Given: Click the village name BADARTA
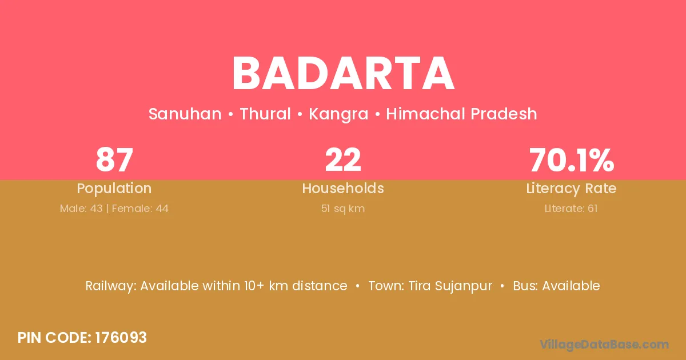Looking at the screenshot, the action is (x=343, y=74).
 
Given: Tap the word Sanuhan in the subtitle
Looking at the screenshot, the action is (x=185, y=114).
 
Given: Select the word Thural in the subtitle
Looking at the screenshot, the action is (x=265, y=114).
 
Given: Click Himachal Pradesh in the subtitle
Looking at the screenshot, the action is (x=461, y=114).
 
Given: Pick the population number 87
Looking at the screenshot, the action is (x=114, y=160).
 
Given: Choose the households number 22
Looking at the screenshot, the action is (x=343, y=160).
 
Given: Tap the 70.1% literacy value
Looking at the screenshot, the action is (x=572, y=160).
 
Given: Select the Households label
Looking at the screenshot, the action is (x=343, y=188).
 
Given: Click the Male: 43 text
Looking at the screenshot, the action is (x=81, y=209).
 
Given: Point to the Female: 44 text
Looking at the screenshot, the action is (x=140, y=209).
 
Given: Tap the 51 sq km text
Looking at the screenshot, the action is (x=343, y=209).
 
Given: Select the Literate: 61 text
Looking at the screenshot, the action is (x=571, y=209).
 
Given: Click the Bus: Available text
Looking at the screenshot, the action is (x=556, y=286).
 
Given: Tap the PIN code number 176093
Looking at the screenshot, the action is (x=121, y=338).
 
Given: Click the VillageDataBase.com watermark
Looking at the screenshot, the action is (x=604, y=345).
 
